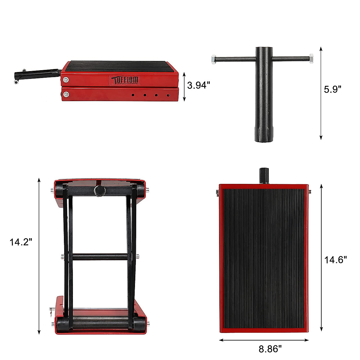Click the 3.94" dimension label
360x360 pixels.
(x=197, y=85)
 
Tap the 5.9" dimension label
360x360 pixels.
(x=332, y=89)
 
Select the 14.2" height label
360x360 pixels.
(x=21, y=242)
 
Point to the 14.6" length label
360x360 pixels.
(x=336, y=259)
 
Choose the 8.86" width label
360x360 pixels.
(x=270, y=349)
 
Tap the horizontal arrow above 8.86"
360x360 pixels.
(x=264, y=340)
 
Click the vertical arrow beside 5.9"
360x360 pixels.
(x=321, y=93)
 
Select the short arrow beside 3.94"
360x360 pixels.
(x=184, y=86)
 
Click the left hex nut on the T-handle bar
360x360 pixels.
(x=214, y=59)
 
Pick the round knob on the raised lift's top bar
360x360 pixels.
(x=99, y=190)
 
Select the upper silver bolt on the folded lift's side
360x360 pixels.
(x=65, y=79)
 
